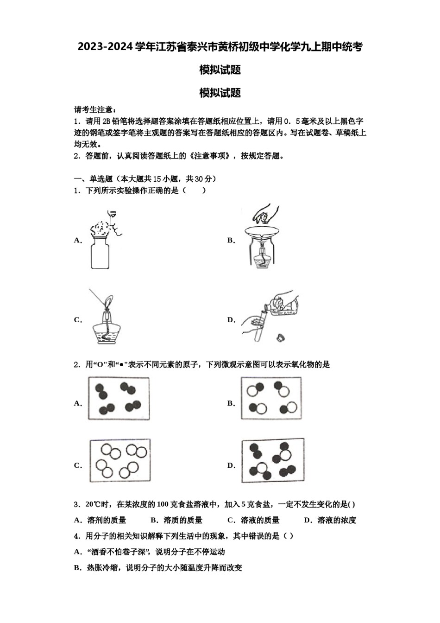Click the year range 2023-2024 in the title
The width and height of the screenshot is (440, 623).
[105, 46]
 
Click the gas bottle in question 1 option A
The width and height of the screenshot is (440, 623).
[100, 253]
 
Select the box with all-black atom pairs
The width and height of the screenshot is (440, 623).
[119, 399]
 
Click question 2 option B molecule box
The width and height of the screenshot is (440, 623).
[271, 398]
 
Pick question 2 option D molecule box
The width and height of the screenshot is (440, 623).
[272, 460]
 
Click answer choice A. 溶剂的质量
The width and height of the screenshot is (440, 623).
[101, 520]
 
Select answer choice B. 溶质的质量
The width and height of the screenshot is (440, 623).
[177, 520]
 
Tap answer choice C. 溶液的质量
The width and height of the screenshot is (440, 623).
[254, 520]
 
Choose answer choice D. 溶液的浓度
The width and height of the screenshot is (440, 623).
[330, 520]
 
